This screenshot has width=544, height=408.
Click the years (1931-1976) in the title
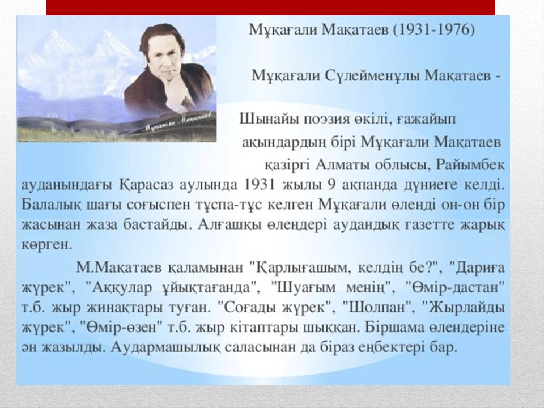433,31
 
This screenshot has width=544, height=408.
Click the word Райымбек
470,164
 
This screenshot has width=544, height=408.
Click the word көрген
47,245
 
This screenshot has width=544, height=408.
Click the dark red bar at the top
271,7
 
